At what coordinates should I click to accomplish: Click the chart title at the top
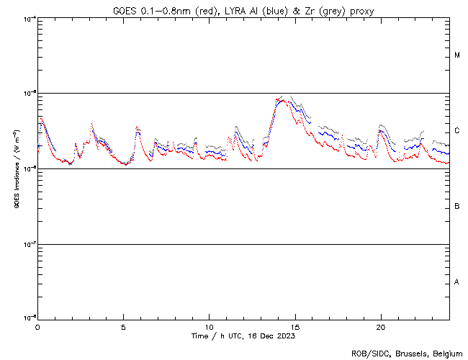tap(243, 11)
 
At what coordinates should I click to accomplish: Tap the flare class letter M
tap(457, 55)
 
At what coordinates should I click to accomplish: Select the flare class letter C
tap(457, 130)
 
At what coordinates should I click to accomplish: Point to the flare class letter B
tap(457, 206)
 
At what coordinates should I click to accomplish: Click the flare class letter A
tap(457, 282)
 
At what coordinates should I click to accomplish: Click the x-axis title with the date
tap(243, 336)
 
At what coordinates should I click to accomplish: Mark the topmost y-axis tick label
tap(30, 18)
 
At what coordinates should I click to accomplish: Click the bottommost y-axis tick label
tap(30, 318)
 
